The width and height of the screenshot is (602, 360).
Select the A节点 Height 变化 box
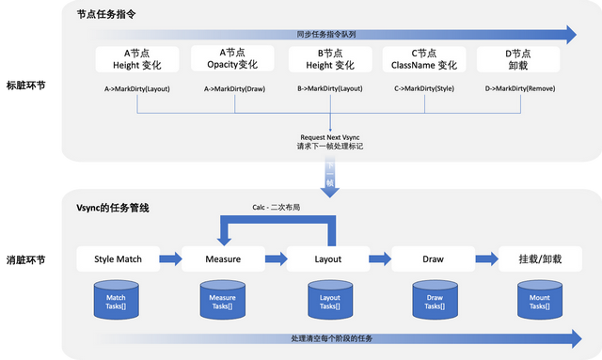(137, 58)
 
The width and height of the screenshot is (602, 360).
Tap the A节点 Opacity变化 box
(232, 58)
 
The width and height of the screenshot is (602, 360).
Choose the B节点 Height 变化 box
(328, 58)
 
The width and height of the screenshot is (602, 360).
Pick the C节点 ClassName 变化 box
(423, 58)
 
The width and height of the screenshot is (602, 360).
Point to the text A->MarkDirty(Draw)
(232, 90)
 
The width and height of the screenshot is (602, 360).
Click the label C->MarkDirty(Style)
(423, 90)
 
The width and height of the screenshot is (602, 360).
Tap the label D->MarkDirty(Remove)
(521, 90)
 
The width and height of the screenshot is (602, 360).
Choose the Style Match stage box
(118, 258)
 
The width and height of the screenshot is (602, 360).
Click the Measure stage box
(223, 258)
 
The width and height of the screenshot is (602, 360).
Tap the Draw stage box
(433, 258)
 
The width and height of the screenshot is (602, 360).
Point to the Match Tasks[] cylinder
(117, 299)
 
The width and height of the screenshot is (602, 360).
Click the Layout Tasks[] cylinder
(327, 299)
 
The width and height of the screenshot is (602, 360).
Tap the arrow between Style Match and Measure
(170, 258)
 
